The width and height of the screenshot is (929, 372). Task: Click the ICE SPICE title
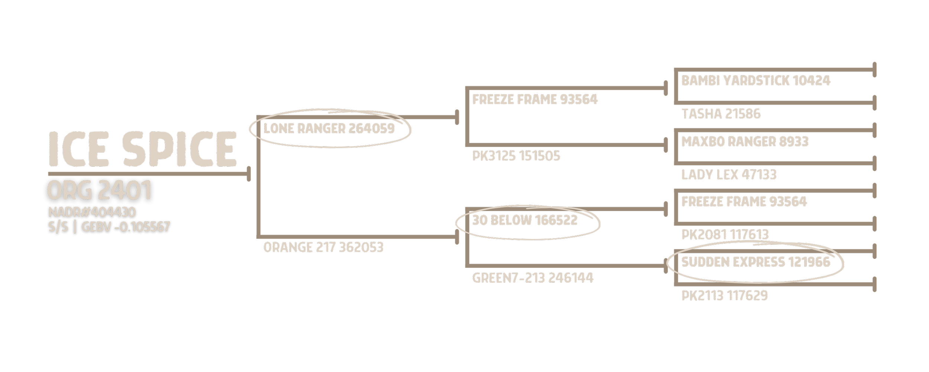tap(143, 149)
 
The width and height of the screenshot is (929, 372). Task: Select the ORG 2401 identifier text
tap(99, 190)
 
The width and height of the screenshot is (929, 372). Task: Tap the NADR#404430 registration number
tap(92, 212)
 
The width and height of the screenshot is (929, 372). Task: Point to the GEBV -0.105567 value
tap(126, 227)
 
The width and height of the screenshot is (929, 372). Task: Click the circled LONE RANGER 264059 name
tap(329, 129)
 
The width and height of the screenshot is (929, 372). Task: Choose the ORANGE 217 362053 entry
tap(323, 247)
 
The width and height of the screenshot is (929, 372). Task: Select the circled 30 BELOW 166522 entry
tap(525, 221)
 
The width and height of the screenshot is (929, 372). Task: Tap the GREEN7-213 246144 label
tap(533, 278)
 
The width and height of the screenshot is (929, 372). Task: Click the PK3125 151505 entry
tap(516, 156)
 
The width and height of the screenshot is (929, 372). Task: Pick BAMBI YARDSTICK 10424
tap(755, 81)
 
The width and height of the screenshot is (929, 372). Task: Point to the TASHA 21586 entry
tap(721, 114)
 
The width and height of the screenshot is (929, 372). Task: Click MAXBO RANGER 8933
tap(745, 142)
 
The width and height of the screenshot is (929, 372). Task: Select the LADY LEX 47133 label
tap(729, 174)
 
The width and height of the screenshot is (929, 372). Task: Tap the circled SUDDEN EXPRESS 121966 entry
tap(755, 262)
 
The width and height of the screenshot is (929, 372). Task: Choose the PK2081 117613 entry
tap(725, 234)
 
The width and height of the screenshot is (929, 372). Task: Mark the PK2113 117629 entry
tap(724, 296)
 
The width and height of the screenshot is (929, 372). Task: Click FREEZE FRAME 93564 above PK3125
tap(535, 100)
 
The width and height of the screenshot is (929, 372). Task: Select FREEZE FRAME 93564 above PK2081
tap(744, 202)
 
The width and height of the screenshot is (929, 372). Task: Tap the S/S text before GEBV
tap(58, 227)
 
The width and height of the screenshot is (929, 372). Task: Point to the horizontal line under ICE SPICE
tap(149, 174)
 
